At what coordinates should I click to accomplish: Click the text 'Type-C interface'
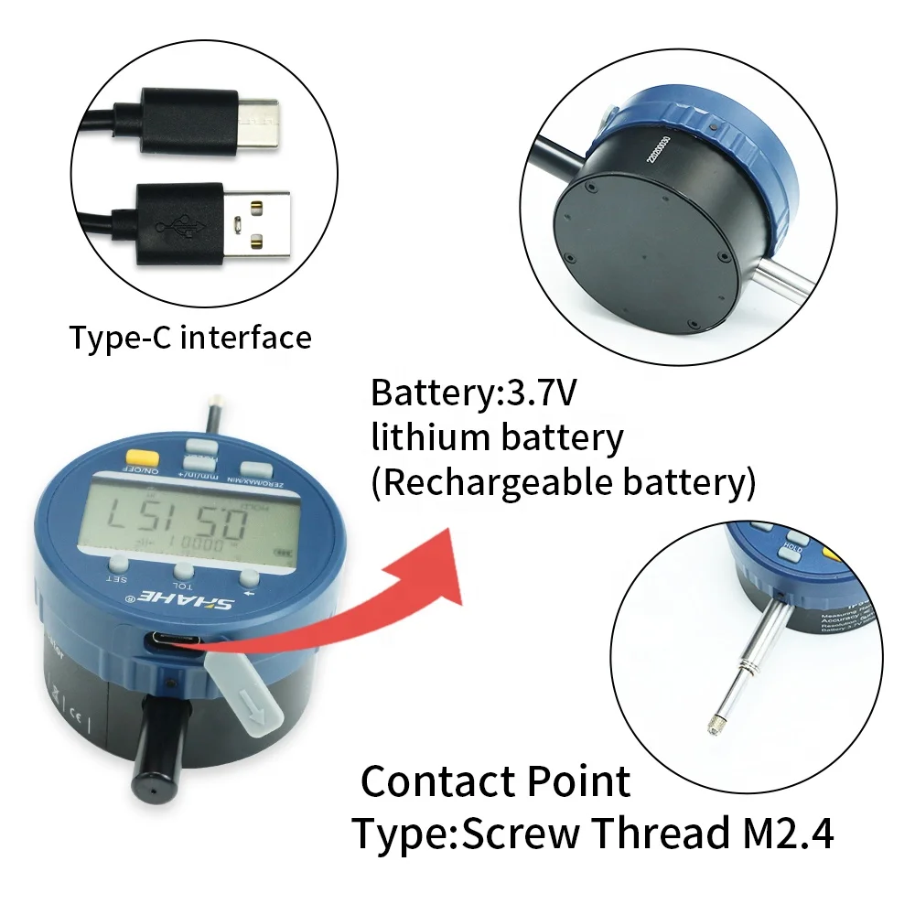coord(190,338)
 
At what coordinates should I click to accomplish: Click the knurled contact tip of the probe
coord(715,726)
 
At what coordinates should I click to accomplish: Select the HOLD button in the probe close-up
coord(792,548)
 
